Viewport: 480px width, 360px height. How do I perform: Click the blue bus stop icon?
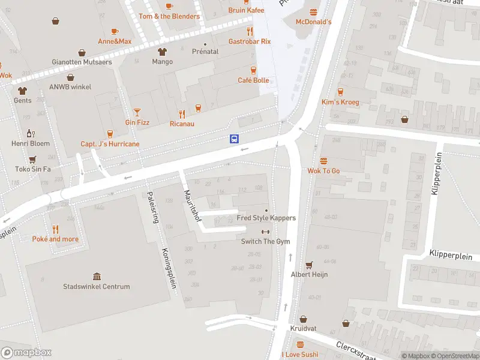pyautogui.click(x=234, y=139)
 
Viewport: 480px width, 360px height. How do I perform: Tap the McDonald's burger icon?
pyautogui.click(x=313, y=12)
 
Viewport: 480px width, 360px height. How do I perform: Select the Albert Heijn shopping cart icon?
pyautogui.click(x=310, y=265)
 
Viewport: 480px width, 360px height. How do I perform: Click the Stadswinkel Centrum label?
pyautogui.click(x=97, y=287)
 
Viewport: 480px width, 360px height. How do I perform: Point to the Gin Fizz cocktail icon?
pyautogui.click(x=137, y=112)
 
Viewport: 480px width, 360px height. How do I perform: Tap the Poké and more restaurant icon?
pyautogui.click(x=55, y=229)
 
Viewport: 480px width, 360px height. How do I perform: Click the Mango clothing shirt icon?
pyautogui.click(x=162, y=52)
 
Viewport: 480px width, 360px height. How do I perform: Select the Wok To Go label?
pyautogui.click(x=323, y=171)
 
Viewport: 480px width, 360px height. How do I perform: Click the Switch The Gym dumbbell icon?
pyautogui.click(x=265, y=232)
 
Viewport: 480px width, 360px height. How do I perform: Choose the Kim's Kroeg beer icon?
pyautogui.click(x=340, y=92)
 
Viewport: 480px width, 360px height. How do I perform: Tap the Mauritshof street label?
pyautogui.click(x=192, y=206)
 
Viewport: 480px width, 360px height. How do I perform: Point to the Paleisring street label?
pyautogui.click(x=153, y=207)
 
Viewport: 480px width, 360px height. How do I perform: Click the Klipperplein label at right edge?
pyautogui.click(x=451, y=256)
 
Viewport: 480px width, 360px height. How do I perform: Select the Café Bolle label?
pyautogui.click(x=253, y=80)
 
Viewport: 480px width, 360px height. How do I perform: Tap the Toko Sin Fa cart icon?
pyautogui.click(x=32, y=159)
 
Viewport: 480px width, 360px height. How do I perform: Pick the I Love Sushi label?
pyautogui.click(x=299, y=355)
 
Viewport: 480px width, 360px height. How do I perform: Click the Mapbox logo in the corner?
pyautogui.click(x=26, y=353)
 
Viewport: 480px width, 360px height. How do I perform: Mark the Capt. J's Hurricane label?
pyautogui.click(x=110, y=144)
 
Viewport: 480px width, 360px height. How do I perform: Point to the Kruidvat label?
pyautogui.click(x=304, y=329)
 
